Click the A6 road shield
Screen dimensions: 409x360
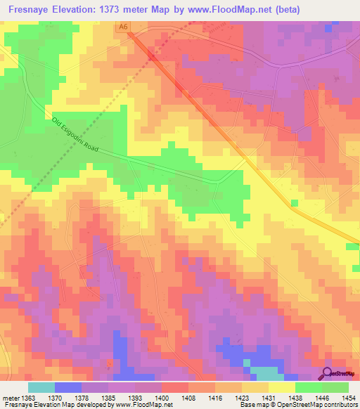(x=124, y=27)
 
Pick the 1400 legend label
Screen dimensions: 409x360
(x=148, y=398)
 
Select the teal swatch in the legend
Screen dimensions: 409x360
(x=41, y=387)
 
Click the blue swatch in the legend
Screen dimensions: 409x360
(x=67, y=387)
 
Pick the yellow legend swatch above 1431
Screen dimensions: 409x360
(x=281, y=387)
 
